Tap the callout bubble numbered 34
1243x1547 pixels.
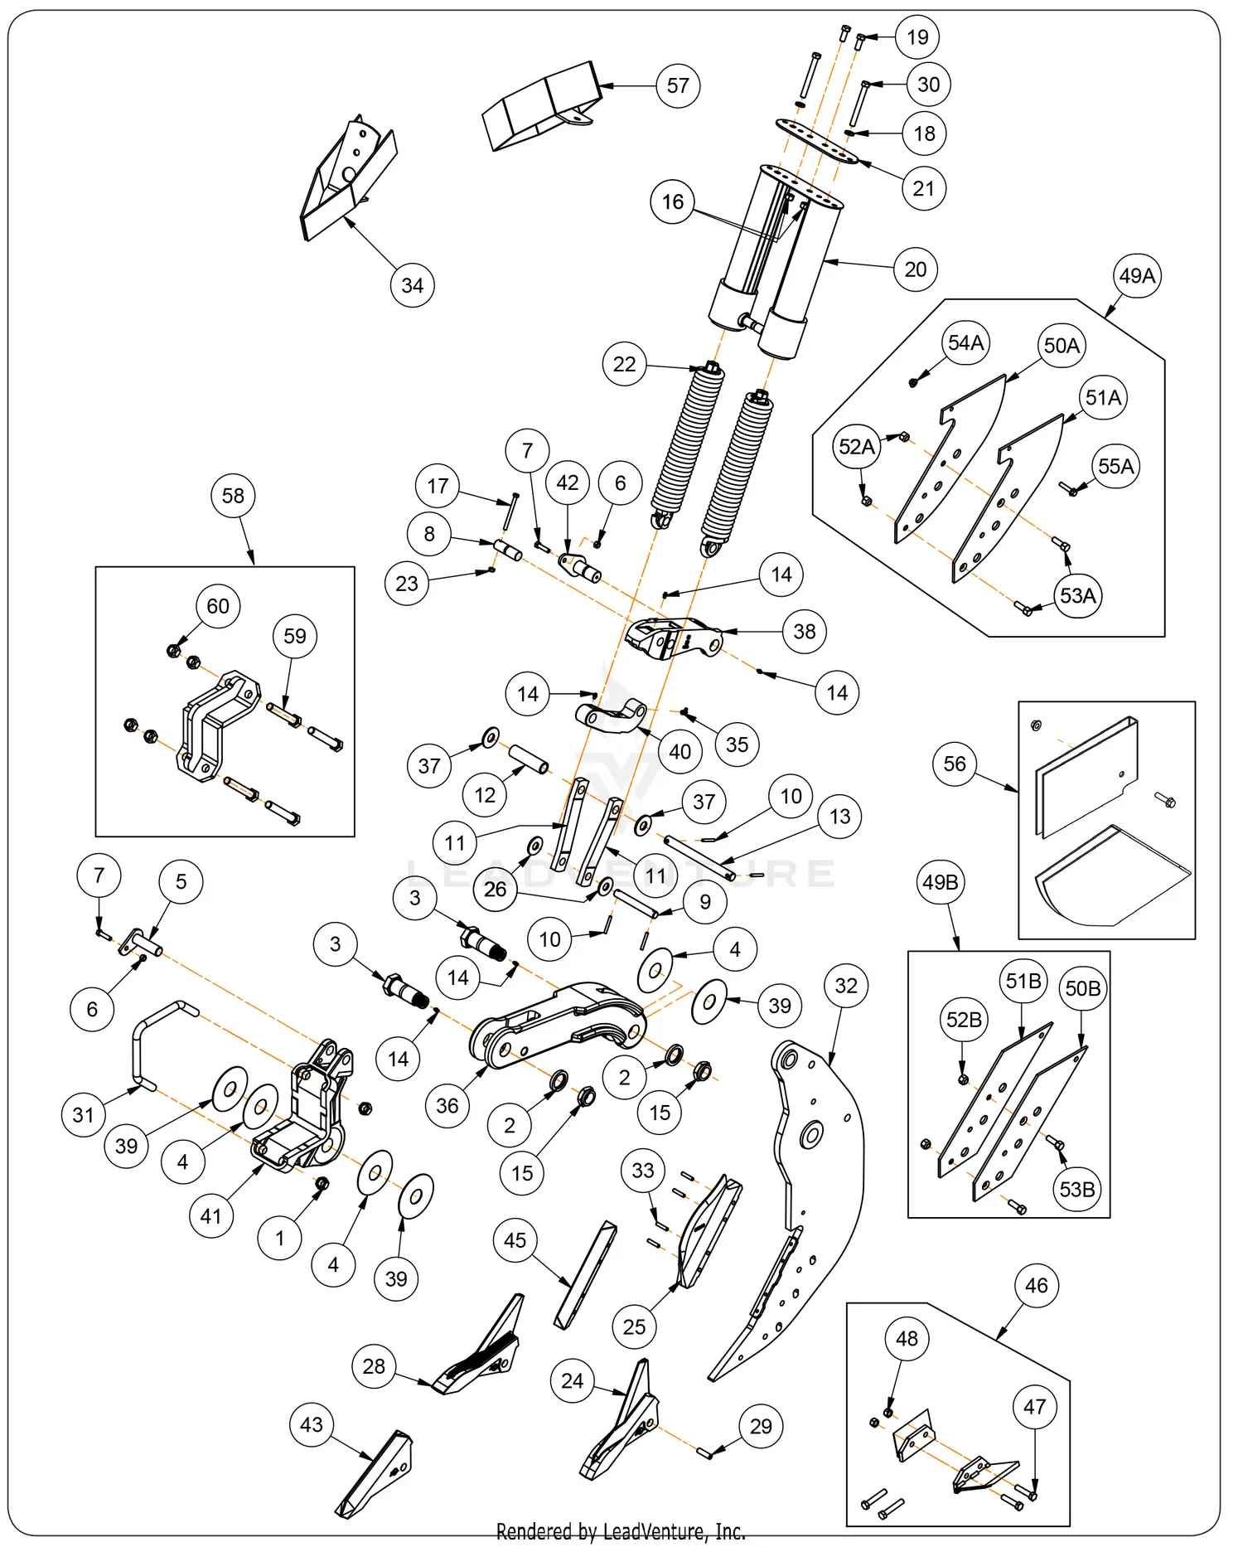tap(412, 285)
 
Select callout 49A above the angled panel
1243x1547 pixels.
tap(1137, 276)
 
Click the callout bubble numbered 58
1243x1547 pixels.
tap(233, 496)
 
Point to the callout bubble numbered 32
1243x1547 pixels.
tap(845, 986)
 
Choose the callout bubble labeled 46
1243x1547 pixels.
tap(1036, 1286)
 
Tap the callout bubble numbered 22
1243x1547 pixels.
tap(624, 364)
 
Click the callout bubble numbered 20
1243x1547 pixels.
tap(915, 269)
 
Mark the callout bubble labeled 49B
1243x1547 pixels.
tap(941, 882)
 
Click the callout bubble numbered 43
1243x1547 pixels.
tap(312, 1424)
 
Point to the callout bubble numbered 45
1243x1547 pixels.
tap(515, 1240)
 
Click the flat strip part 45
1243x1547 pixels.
tap(585, 1277)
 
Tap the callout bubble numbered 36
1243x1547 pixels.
tap(447, 1105)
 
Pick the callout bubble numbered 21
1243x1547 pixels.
tap(923, 188)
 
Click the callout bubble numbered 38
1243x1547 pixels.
tap(804, 632)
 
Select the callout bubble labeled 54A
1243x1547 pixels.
tap(965, 342)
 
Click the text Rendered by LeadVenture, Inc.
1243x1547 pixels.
tap(621, 1531)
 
